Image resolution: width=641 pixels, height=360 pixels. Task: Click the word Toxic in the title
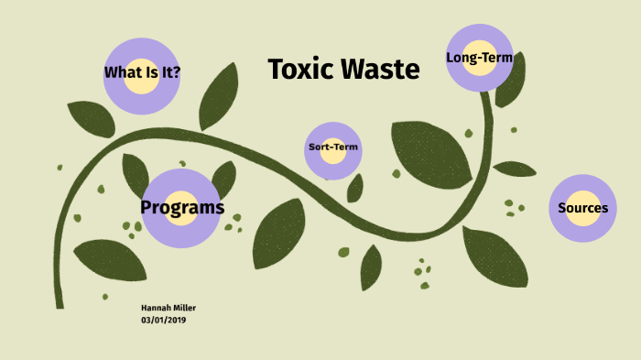(300, 69)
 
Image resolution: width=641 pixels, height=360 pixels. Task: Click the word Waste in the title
(378, 69)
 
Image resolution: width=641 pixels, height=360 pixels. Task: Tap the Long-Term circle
(479, 58)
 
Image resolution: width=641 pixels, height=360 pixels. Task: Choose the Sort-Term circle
(333, 148)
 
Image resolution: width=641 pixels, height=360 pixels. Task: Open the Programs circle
(182, 208)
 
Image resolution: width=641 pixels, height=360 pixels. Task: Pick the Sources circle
(582, 208)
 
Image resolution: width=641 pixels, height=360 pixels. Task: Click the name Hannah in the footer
(155, 308)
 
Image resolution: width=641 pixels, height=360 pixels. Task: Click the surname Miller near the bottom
(183, 308)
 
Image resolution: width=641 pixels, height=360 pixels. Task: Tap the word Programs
(182, 207)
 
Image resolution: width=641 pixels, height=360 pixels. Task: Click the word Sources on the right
(582, 208)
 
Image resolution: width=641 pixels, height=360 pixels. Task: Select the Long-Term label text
(476, 58)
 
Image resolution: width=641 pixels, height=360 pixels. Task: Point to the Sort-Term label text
(333, 147)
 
